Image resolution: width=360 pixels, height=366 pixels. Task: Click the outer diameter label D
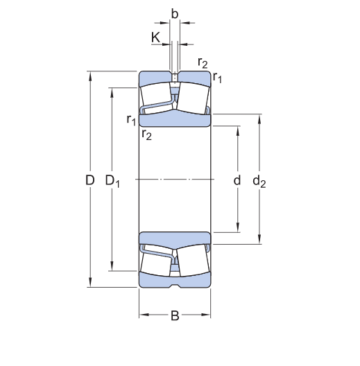tap(89, 181)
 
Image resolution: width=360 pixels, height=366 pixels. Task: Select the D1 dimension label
tap(112, 181)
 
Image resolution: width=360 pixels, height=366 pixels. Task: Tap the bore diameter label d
tap(237, 181)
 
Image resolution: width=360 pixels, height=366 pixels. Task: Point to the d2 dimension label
tap(259, 181)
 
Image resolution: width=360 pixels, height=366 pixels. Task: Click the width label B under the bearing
tap(175, 317)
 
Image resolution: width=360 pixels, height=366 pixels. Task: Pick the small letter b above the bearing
tap(175, 13)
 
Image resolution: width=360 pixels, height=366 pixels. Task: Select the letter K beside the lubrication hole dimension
tap(155, 37)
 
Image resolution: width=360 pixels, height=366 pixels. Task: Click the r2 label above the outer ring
tap(203, 62)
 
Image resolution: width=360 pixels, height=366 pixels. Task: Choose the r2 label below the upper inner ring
tap(146, 134)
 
